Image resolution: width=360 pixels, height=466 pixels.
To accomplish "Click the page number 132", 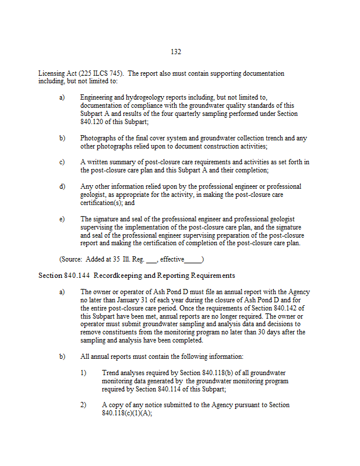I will (x=176, y=52).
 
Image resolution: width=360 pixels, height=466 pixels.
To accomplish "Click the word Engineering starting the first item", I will (x=98, y=97).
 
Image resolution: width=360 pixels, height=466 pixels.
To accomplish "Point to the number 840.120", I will (x=93, y=122).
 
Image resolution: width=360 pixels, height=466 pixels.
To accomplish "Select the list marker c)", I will (x=62, y=161).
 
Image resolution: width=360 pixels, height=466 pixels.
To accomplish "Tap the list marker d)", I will (x=62, y=186).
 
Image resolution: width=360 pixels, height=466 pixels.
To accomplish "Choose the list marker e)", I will (x=62, y=218).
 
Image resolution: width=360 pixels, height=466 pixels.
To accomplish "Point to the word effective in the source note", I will (x=172, y=259).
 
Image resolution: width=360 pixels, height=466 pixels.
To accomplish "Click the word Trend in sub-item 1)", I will (x=111, y=372).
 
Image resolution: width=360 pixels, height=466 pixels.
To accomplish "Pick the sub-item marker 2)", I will (x=84, y=404).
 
